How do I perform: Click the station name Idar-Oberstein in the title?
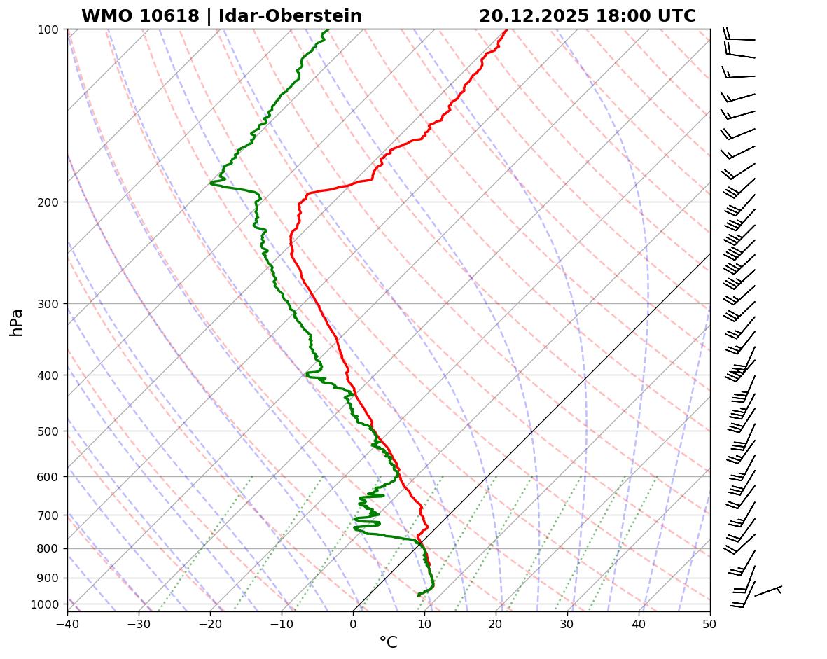coord(290,16)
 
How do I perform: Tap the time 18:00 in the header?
coord(619,16)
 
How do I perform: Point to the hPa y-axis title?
coord(16,322)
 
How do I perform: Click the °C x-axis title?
coord(388,642)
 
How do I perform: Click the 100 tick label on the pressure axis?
coord(48,29)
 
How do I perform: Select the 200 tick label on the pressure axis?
coord(48,202)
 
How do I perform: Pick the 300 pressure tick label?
coord(48,304)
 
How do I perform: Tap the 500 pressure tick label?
coord(48,431)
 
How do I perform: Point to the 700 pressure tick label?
coord(48,515)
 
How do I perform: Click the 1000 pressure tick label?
coord(45,604)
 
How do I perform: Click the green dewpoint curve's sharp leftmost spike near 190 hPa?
coord(211,183)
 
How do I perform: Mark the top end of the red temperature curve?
coord(506,29)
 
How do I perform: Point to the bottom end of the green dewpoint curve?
coord(418,595)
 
